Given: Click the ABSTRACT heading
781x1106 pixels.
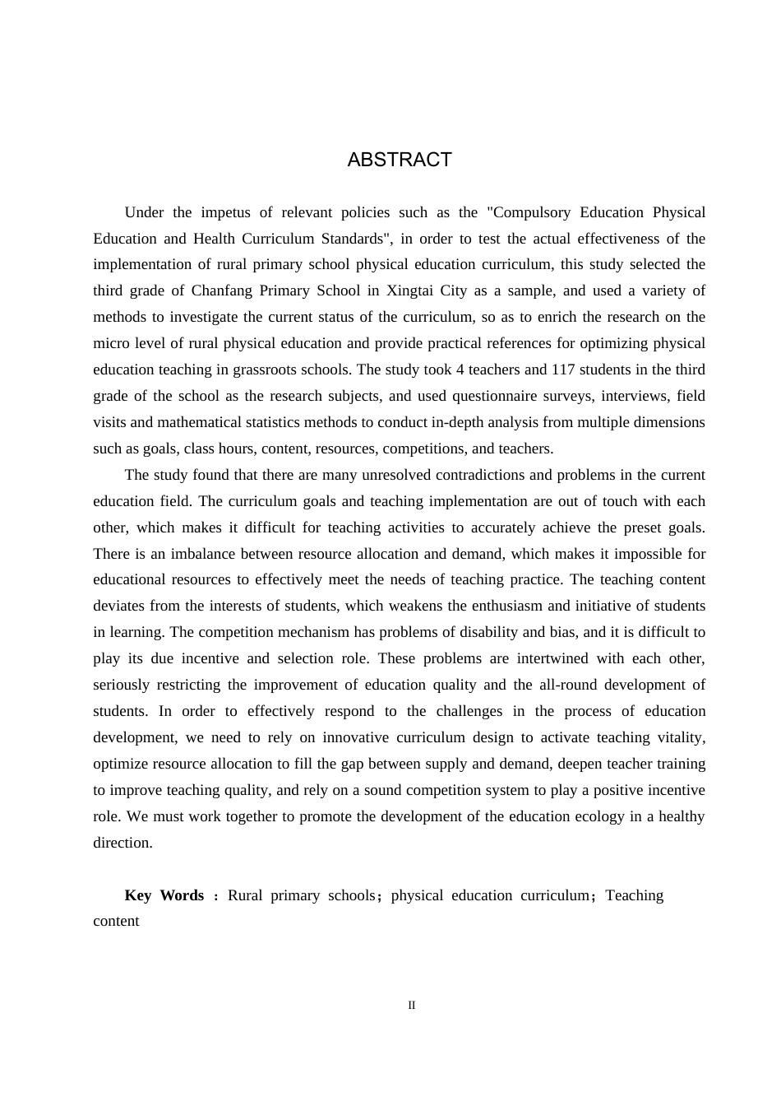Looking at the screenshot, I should tap(400, 160).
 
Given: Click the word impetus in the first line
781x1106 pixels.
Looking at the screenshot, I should tap(225, 212).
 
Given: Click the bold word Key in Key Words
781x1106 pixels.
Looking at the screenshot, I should tap(138, 895).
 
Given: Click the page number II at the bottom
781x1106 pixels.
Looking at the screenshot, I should tap(412, 1006).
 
